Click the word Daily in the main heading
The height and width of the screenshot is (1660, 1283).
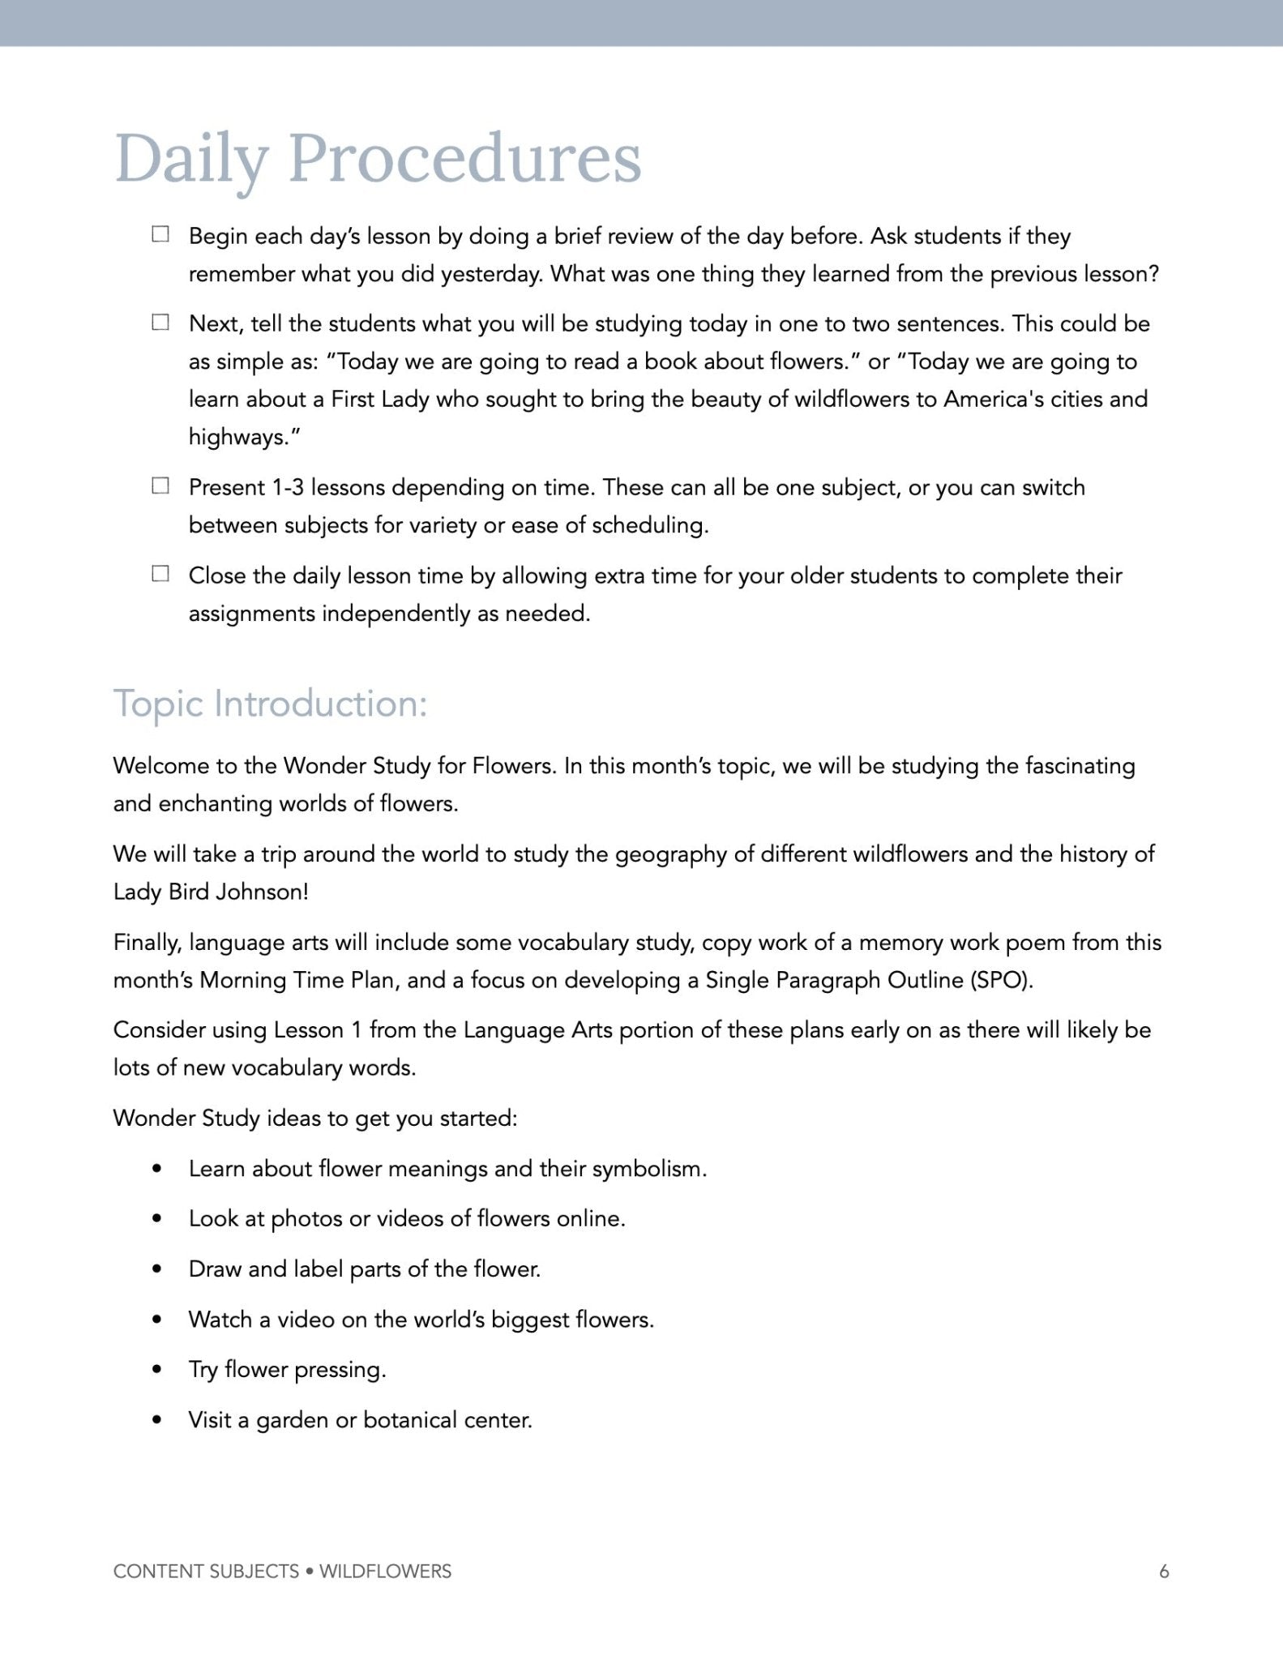[x=190, y=158]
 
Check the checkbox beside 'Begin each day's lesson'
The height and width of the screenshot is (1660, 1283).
[x=160, y=234]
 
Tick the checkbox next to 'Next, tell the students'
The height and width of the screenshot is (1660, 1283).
[x=160, y=322]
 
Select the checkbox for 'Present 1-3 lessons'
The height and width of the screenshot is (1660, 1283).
[x=160, y=486]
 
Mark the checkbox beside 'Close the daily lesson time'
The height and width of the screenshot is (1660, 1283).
[x=160, y=574]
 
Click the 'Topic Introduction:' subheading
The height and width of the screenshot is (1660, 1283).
[x=270, y=704]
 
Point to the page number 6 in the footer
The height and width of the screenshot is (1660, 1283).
[x=1164, y=1571]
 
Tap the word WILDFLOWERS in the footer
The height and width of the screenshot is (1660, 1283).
[x=385, y=1571]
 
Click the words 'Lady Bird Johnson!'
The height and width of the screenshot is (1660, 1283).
[x=211, y=892]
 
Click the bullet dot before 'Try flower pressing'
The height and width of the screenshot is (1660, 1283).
[x=157, y=1370]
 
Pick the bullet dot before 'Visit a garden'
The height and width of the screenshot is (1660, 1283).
[x=157, y=1420]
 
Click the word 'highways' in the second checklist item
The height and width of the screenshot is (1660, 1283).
[x=239, y=437]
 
